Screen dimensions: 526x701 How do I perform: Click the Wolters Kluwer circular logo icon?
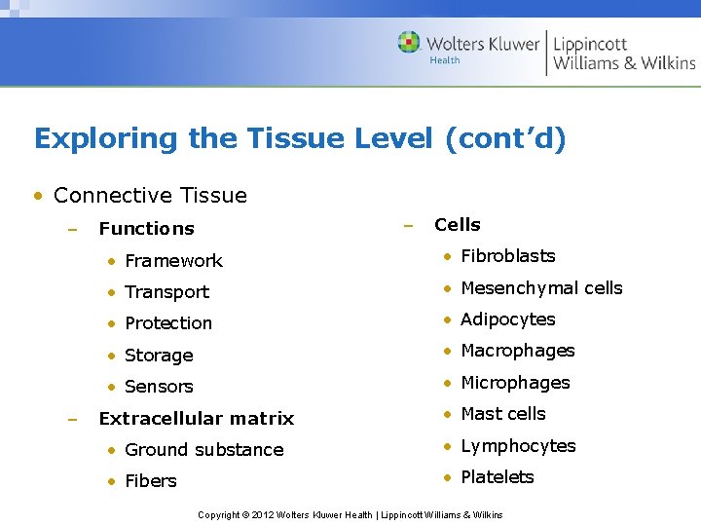pos(409,42)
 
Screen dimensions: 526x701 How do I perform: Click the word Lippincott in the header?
pos(590,44)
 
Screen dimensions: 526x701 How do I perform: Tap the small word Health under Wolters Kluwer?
pos(444,60)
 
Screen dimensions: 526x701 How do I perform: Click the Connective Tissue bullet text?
pos(150,195)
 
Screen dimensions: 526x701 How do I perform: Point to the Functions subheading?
pos(146,229)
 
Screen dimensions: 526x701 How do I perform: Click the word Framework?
pos(173,261)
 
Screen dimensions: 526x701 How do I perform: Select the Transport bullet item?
pos(166,292)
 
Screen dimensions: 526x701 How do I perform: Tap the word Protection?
pos(167,323)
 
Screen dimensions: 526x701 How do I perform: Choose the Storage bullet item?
pos(159,356)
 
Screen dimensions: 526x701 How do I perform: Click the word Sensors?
pos(159,387)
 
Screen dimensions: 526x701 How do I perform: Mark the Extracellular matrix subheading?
pos(196,419)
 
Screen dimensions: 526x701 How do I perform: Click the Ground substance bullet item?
pos(203,450)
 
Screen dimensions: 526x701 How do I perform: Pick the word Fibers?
pos(151,481)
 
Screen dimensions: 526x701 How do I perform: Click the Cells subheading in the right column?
pos(457,225)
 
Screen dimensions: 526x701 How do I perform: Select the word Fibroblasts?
pos(507,256)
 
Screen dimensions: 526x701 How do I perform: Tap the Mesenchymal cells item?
pos(540,288)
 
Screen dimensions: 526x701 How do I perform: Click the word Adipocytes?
pos(507,319)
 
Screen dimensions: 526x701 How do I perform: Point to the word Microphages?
pos(515,383)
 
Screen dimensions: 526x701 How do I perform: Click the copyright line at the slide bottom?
pos(350,514)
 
